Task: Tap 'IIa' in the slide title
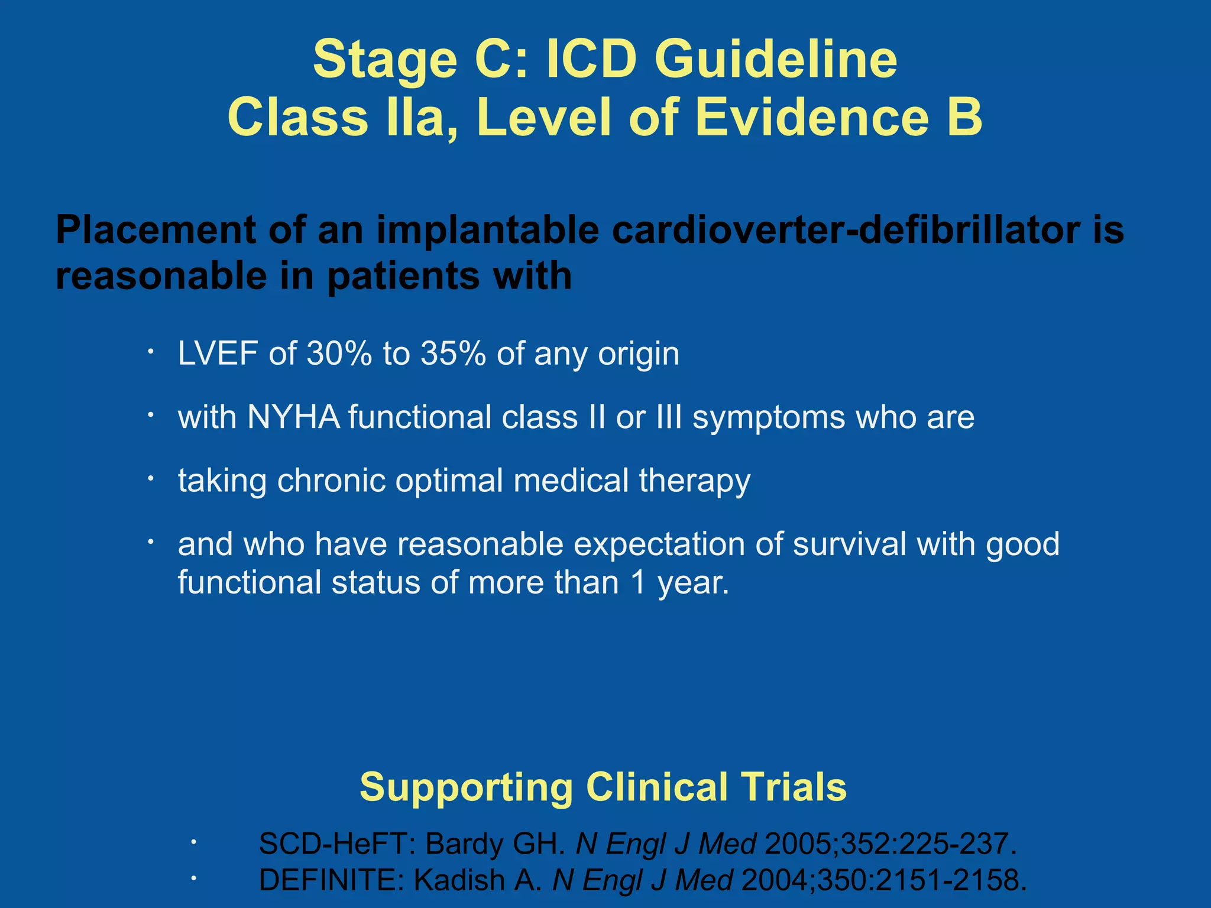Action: [421, 117]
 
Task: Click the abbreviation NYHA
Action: [293, 417]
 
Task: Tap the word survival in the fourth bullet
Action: [849, 544]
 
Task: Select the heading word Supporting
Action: [467, 787]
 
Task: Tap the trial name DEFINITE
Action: [331, 880]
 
